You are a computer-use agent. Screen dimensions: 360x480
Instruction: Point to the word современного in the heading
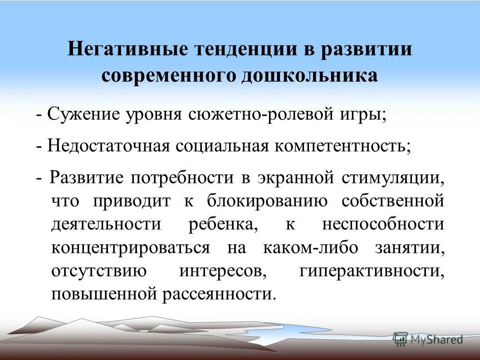tap(170, 75)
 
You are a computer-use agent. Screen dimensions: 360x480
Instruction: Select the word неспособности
tap(383, 225)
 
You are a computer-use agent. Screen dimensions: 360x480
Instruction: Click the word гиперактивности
tap(371, 272)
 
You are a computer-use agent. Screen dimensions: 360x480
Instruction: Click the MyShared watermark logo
tap(428, 339)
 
